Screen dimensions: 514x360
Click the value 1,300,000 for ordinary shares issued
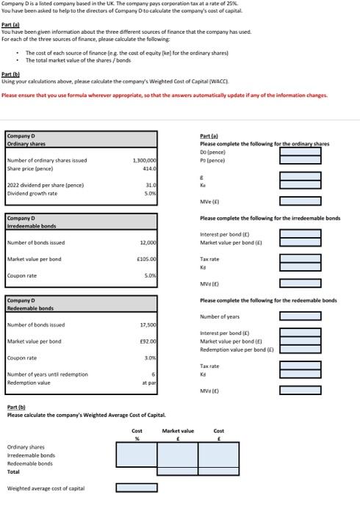144,159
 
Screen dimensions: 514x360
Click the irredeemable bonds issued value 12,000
147,242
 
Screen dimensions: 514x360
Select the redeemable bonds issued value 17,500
147,324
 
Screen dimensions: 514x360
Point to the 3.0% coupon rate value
149,358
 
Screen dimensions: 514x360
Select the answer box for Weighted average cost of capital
137,488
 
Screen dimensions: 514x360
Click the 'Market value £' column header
178,431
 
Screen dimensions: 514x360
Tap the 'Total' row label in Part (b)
14,471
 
